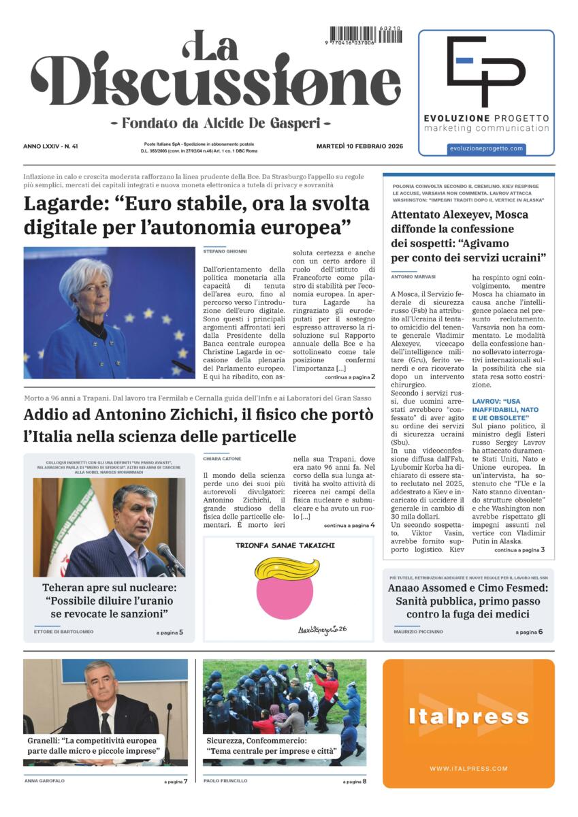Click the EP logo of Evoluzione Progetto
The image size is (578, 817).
tap(485, 71)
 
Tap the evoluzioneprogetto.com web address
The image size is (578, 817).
tap(485, 148)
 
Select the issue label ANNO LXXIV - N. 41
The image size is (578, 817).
tap(50, 146)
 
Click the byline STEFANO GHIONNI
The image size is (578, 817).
tap(225, 252)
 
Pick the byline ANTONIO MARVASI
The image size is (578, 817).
tap(414, 276)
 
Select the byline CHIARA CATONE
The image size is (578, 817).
tap(222, 459)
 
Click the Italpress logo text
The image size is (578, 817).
tap(468, 716)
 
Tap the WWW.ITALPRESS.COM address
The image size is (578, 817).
tap(468, 769)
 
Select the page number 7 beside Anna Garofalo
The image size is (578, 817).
tap(185, 781)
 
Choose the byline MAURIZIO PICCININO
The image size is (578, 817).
tap(418, 632)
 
